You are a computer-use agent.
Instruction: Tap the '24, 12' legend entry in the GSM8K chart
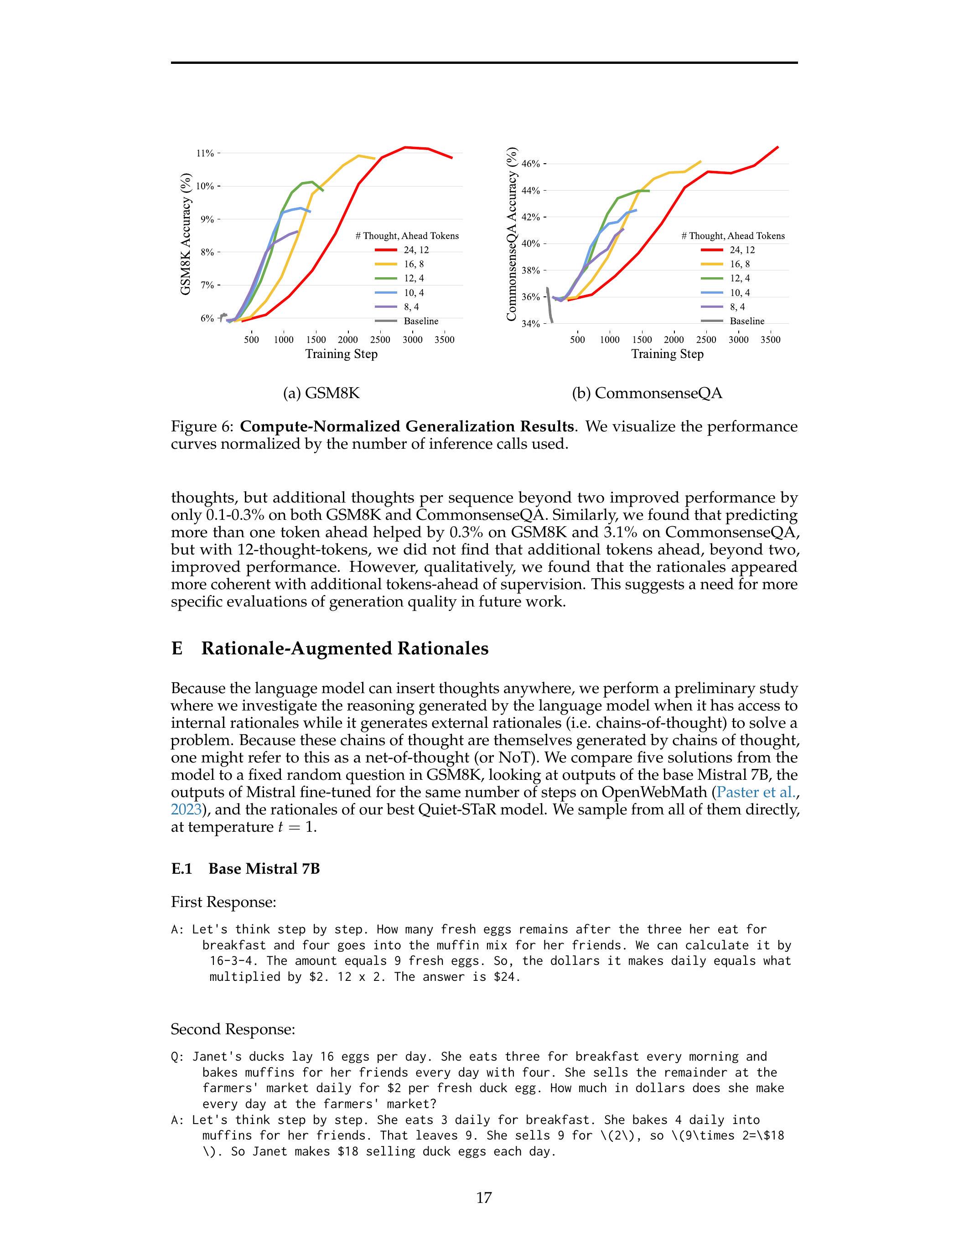point(416,250)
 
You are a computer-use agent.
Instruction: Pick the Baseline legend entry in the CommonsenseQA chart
point(747,321)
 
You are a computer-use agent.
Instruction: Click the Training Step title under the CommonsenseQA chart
point(667,354)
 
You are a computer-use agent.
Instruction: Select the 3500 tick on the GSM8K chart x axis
point(444,339)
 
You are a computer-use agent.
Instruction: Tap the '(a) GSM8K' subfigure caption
point(321,394)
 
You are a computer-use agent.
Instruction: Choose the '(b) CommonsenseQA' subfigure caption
point(647,394)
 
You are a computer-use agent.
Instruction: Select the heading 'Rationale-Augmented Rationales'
point(344,648)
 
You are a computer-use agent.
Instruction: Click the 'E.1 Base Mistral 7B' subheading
point(245,869)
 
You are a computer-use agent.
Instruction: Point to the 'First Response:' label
point(223,902)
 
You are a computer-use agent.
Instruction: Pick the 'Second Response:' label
point(233,1030)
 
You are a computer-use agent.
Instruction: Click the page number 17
point(484,1198)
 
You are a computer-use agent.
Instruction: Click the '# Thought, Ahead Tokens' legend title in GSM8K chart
point(407,236)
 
